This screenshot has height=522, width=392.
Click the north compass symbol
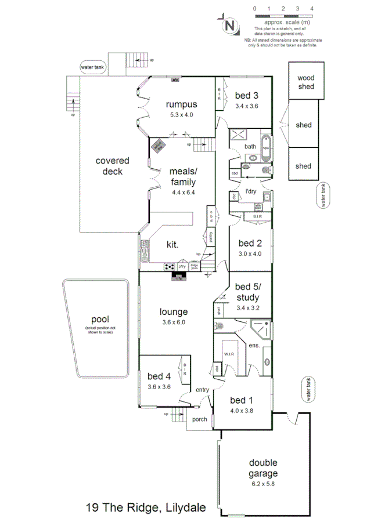pos(231,26)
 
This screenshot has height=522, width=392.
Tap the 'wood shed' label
pos(305,82)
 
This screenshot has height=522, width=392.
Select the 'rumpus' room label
pos(181,104)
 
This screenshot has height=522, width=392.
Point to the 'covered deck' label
pos(112,166)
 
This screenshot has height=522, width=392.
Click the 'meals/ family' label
pos(182,177)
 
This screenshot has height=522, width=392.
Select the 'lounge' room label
pos(174,311)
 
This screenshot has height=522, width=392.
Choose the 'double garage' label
pos(263,467)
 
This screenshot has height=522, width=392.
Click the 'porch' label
pos(200,419)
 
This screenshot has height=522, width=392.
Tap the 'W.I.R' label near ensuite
pos(229,353)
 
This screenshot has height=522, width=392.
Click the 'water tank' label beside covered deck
pos(93,67)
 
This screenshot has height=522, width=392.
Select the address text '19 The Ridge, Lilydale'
pos(145,507)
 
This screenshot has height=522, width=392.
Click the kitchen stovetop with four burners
pos(169,266)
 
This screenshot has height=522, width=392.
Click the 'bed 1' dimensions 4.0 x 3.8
pos(242,411)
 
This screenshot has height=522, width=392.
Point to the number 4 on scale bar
pos(312,9)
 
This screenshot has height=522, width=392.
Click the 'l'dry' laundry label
pos(250,191)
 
